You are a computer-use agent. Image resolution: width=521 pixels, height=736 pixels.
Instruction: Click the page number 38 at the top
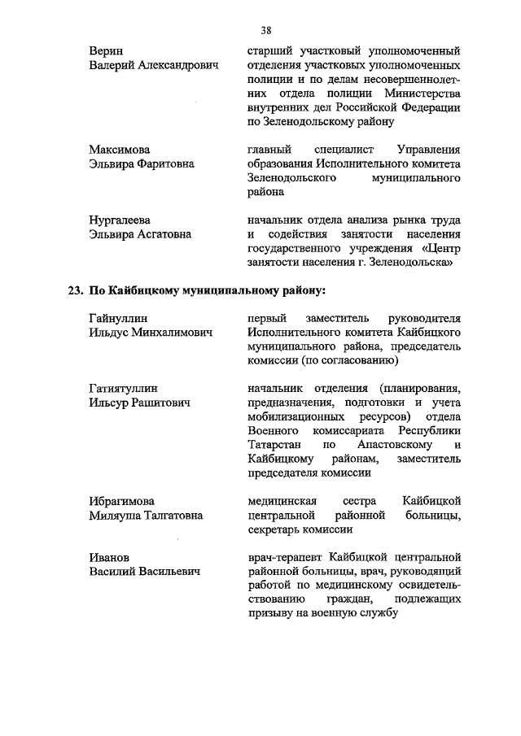point(265,31)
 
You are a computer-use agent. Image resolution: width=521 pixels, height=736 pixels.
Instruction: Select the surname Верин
point(107,50)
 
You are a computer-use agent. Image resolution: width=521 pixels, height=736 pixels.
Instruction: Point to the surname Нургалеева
point(120,220)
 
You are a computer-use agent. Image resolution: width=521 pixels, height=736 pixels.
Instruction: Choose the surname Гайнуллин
point(119,318)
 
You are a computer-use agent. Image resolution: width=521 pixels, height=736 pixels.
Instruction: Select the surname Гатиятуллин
point(123,388)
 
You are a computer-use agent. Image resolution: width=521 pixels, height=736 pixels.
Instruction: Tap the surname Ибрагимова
point(122,500)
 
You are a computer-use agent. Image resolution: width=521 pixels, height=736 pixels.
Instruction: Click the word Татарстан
point(273,445)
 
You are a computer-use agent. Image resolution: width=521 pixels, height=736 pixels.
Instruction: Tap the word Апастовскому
point(392,445)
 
